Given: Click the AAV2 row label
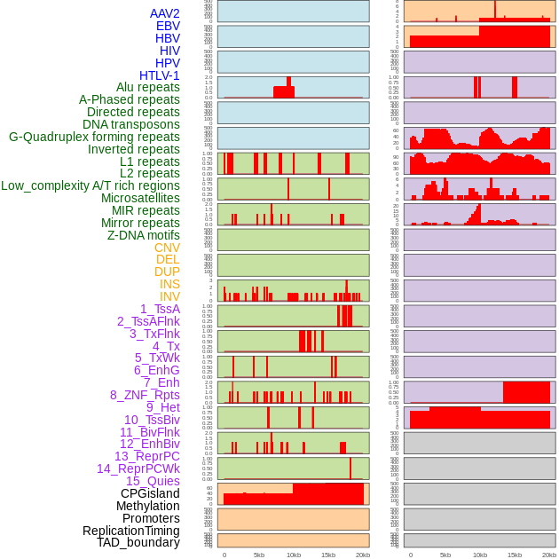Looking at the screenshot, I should (x=164, y=13).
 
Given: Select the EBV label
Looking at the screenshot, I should (x=168, y=26).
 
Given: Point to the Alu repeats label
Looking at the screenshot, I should (x=148, y=88).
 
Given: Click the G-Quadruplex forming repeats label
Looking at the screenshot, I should (x=94, y=137).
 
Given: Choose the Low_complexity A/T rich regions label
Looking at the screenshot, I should (x=91, y=185).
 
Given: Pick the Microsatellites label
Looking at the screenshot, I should (x=140, y=198).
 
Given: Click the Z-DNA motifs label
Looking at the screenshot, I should (x=143, y=235).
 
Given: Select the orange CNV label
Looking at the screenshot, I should (x=167, y=248).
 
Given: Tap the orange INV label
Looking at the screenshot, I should (x=169, y=296).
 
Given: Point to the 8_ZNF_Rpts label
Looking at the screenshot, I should (x=145, y=395).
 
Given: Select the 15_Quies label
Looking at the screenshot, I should (x=152, y=481).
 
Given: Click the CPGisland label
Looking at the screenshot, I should (x=150, y=493).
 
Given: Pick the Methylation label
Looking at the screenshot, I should (x=147, y=506).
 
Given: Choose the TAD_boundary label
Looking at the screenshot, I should (x=138, y=542).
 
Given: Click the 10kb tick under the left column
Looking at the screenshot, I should (x=293, y=555).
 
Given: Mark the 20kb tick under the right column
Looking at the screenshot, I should (x=549, y=555).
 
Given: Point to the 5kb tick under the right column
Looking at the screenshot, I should (x=445, y=555).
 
